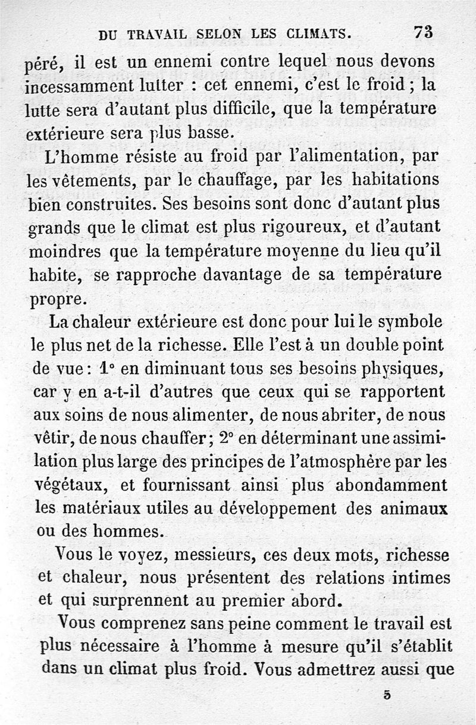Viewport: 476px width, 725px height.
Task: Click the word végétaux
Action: (69, 485)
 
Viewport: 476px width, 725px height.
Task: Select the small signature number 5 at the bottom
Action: (387, 695)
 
